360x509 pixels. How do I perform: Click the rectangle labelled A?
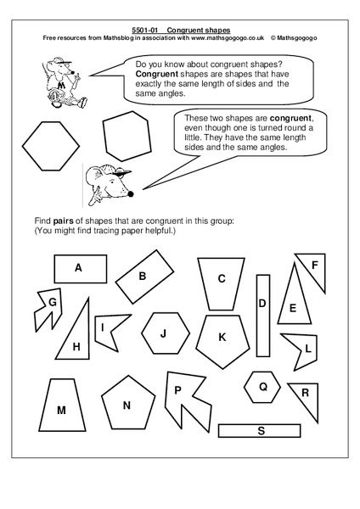click(78, 268)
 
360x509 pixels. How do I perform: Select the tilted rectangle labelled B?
click(143, 276)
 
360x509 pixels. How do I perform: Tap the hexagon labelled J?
click(166, 332)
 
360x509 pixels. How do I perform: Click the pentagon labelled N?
click(127, 405)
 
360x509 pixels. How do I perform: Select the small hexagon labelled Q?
click(263, 387)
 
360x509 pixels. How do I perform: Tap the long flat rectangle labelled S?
click(260, 431)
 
